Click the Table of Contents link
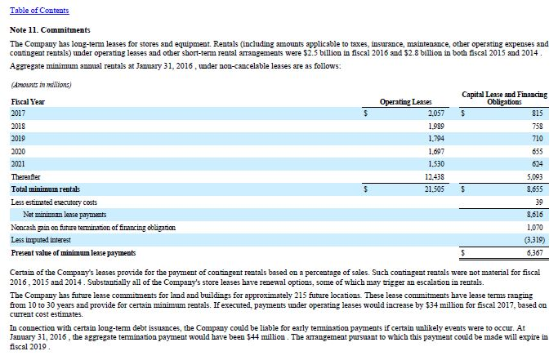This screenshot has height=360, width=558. click(x=39, y=11)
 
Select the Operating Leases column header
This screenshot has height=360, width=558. click(x=406, y=101)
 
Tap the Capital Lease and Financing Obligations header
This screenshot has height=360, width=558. click(x=504, y=98)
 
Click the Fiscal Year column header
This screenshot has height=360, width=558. click(x=28, y=101)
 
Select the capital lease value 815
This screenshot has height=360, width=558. click(x=537, y=113)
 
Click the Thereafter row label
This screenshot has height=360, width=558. click(x=25, y=176)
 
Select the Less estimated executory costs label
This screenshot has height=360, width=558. click(x=54, y=201)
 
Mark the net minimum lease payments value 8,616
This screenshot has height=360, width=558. click(x=536, y=214)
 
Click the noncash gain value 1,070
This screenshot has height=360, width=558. click(x=536, y=226)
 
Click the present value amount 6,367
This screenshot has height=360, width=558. click(x=536, y=252)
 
